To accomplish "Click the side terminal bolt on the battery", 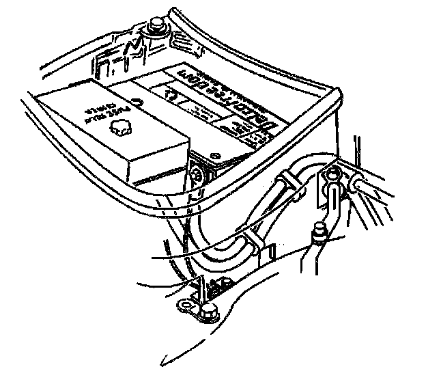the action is pos(198,174).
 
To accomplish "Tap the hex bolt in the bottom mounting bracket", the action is pos(208,314).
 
